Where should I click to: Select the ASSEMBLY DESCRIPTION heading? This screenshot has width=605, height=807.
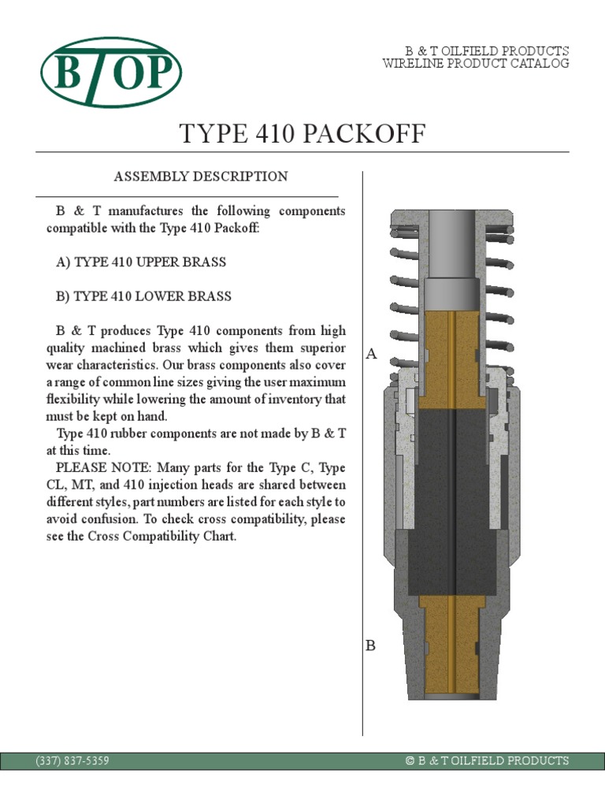pos(201,177)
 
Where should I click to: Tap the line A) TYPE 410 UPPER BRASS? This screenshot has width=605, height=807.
pos(141,262)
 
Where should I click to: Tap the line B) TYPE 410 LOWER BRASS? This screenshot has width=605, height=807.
pos(143,296)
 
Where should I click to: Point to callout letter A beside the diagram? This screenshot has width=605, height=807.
pos(372,355)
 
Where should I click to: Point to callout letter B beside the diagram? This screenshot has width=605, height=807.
pos(370,645)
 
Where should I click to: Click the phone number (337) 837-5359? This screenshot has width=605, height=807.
pos(72,761)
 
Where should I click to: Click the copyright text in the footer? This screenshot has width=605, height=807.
pos(486,761)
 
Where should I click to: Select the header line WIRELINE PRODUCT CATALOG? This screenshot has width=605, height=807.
pos(476,64)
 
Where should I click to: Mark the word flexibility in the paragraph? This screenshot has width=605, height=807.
pos(78,400)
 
